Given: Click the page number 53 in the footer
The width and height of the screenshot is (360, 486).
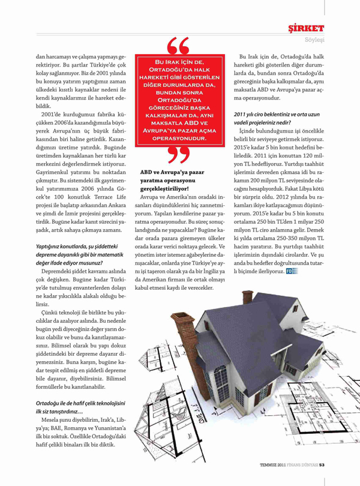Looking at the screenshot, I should click(322, 462).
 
